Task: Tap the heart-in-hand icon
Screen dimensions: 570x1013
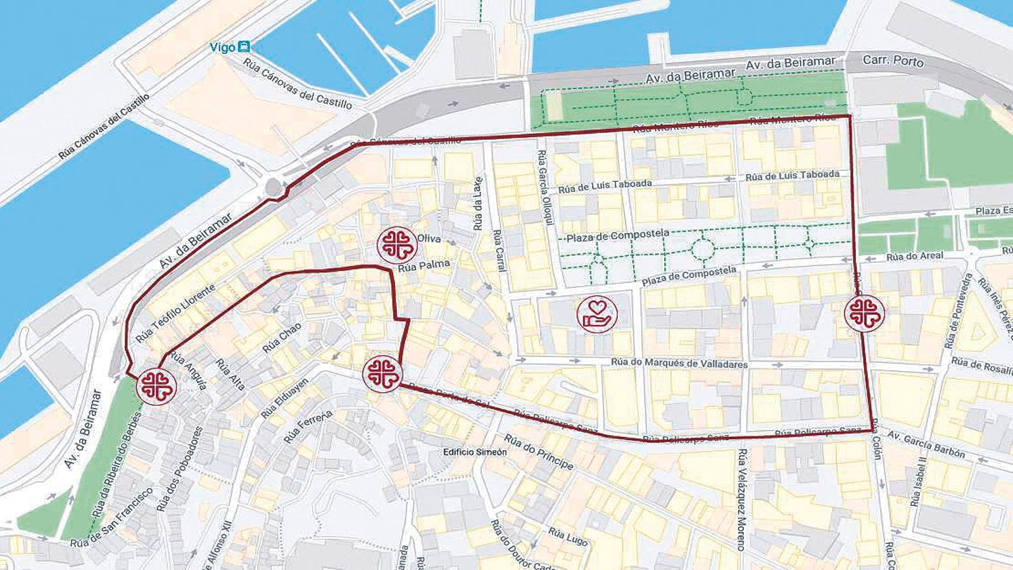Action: pos(596,313)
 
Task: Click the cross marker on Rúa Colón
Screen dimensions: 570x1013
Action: pos(864,313)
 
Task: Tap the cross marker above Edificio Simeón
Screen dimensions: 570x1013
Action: pos(382,372)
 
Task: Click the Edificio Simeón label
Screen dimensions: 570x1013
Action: pos(475,452)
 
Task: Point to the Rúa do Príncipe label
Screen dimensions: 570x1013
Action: pos(539,452)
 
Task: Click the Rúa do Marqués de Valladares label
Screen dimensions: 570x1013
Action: pos(680,364)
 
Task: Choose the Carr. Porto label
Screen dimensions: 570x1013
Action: pos(893,62)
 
